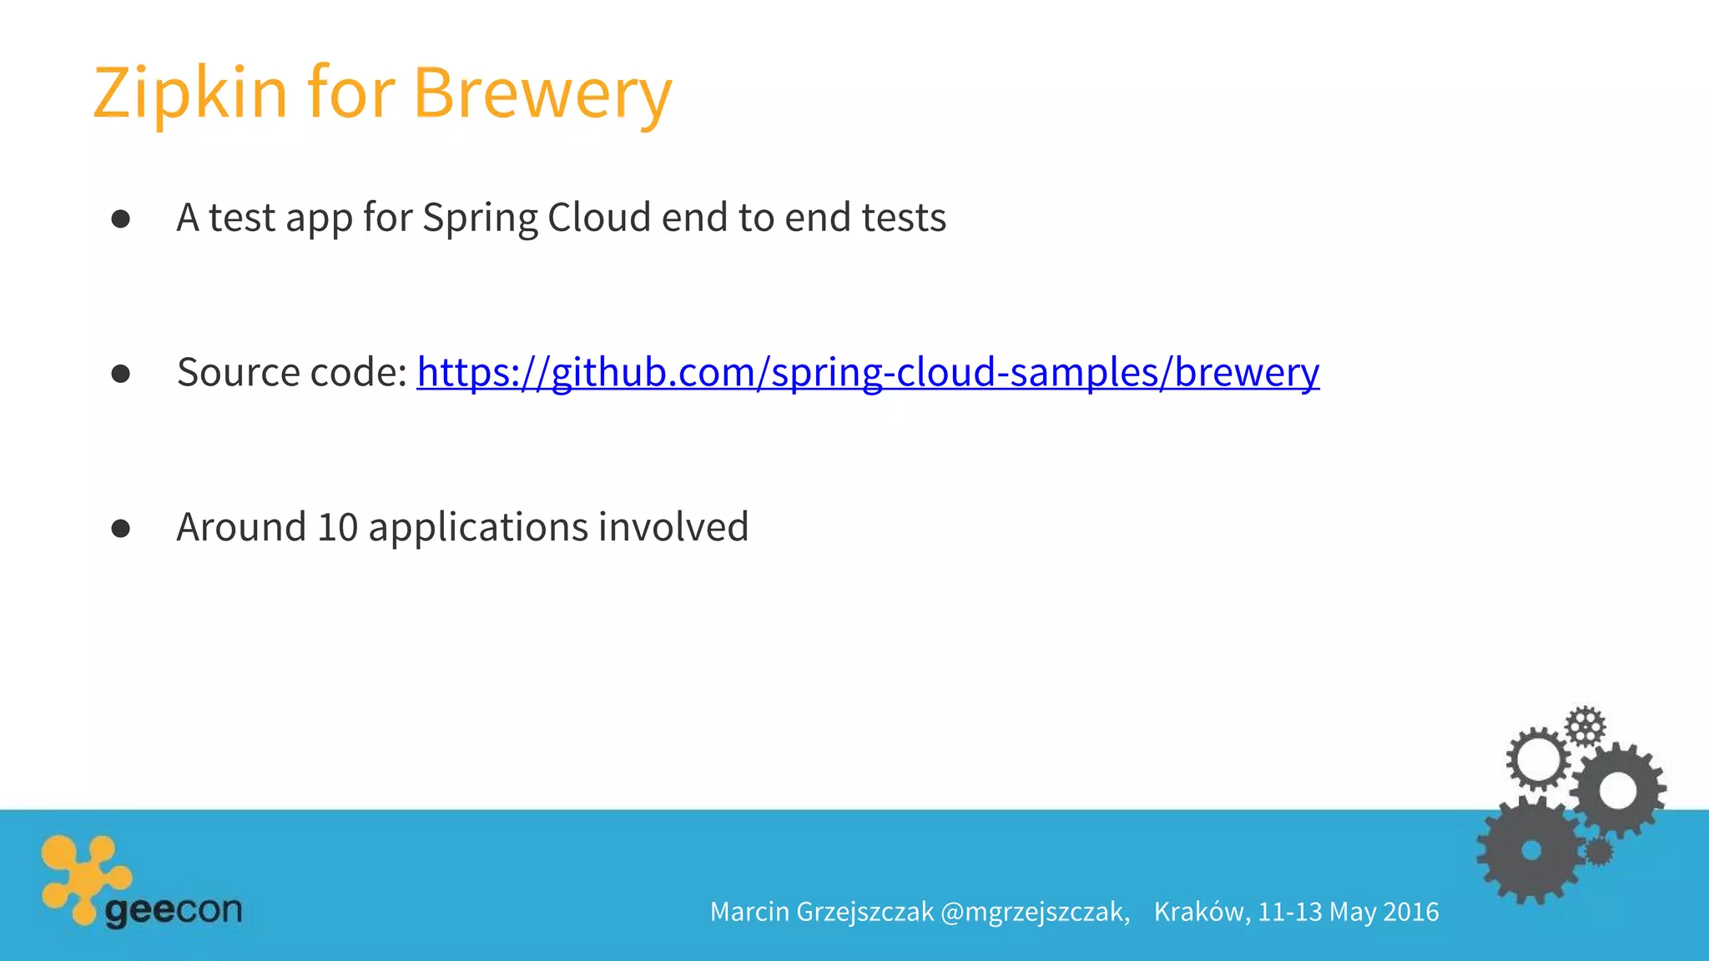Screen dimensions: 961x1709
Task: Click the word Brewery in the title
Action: click(x=542, y=93)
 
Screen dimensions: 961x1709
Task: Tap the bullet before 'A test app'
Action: click(x=121, y=219)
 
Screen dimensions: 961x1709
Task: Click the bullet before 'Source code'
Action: click(x=121, y=373)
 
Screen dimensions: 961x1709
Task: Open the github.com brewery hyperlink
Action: click(x=868, y=372)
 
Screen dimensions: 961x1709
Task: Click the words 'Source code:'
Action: click(x=292, y=372)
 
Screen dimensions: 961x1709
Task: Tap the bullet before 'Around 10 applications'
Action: click(x=121, y=528)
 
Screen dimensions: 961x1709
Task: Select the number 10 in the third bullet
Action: click(x=338, y=527)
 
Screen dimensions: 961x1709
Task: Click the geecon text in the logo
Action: click(x=174, y=909)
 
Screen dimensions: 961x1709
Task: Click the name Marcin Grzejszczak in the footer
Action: click(x=821, y=912)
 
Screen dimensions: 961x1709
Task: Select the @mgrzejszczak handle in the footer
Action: click(x=1035, y=912)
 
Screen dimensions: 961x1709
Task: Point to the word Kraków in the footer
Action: click(x=1202, y=912)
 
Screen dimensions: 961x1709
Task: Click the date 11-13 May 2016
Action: click(x=1349, y=912)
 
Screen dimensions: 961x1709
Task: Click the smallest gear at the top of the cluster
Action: click(x=1585, y=726)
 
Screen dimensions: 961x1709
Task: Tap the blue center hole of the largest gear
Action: click(x=1531, y=850)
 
